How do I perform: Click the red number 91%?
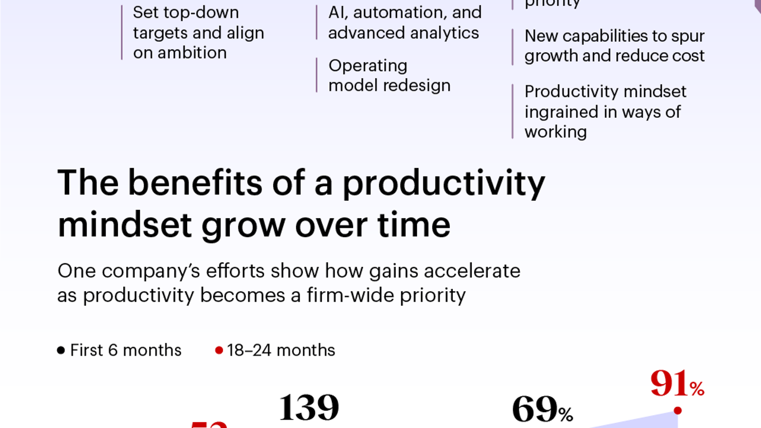[677, 384]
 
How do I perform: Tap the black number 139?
[309, 408]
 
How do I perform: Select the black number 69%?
[542, 411]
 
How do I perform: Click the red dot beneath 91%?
[678, 411]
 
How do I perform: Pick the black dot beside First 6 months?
[61, 350]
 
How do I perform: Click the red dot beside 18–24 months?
[219, 350]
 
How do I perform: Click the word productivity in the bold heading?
[443, 184]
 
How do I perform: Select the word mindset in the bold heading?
[125, 225]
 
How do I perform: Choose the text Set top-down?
[185, 12]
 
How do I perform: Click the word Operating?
[368, 66]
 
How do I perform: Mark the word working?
[555, 132]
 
